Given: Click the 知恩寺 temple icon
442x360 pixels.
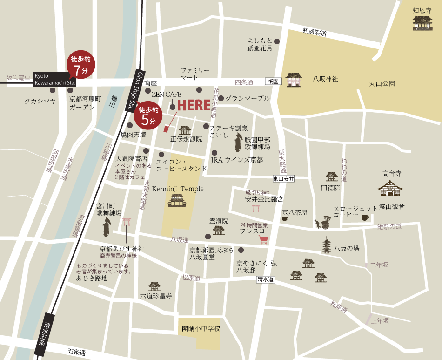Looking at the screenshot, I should pos(422,23).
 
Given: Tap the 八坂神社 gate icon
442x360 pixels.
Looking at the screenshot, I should pos(294,80).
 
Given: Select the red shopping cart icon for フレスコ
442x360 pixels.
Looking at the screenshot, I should pos(264,240).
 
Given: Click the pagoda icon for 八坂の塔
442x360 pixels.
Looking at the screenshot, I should pos(327,245).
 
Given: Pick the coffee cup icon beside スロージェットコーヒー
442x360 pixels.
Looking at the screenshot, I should pos(365,217).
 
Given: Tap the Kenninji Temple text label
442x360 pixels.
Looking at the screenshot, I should pos(178,189).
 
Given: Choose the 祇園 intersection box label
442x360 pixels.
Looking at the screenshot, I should pos(273,81).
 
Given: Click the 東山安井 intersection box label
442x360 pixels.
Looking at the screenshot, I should pos(284,178).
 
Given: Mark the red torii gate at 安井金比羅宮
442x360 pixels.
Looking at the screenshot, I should pos(255,208).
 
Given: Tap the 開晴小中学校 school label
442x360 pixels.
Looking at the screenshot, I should pos(201,329).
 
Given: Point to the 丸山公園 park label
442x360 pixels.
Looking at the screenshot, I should pos(382,84).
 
